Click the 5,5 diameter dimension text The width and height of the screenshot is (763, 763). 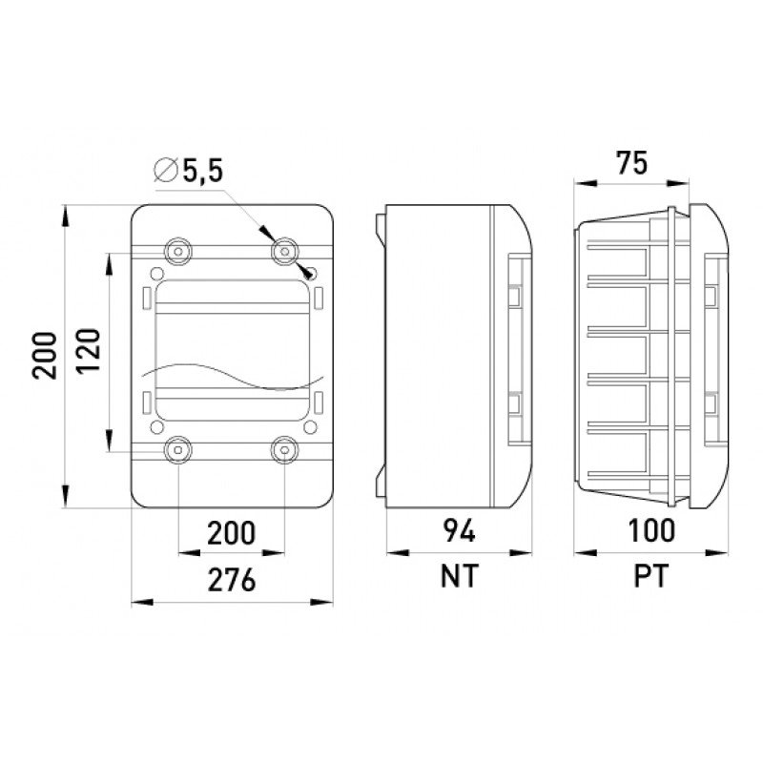click(x=203, y=172)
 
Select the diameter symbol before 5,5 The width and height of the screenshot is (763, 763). click(x=165, y=171)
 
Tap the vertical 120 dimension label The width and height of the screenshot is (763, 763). click(x=89, y=350)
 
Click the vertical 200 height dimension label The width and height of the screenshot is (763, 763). click(x=44, y=355)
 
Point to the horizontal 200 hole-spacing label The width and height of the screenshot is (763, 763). click(x=231, y=533)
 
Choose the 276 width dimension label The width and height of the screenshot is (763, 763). click(x=232, y=580)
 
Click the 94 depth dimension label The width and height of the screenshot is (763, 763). click(x=460, y=530)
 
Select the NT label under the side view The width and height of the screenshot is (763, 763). click(x=460, y=576)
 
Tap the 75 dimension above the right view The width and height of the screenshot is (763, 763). click(x=632, y=162)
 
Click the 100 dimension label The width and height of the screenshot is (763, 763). click(x=651, y=530)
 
